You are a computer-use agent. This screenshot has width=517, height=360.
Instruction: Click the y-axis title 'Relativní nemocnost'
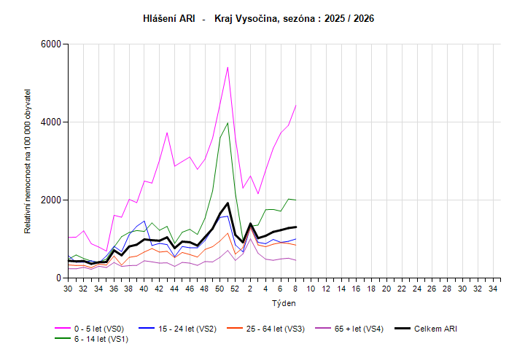[x=28, y=161]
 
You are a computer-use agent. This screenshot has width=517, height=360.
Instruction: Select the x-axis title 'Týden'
[x=284, y=302]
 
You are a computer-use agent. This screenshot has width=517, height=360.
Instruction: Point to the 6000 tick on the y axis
[x=50, y=44]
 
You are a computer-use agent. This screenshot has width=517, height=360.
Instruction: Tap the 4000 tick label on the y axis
[x=50, y=122]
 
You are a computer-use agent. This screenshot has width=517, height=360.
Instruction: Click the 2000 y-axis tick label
[x=50, y=200]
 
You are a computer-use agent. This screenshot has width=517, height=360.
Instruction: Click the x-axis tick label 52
[x=235, y=289]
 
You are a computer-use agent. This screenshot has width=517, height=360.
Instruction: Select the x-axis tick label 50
[x=219, y=289]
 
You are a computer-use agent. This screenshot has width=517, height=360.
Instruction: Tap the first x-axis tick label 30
[x=68, y=289]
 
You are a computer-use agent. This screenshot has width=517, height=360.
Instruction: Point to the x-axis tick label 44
[x=174, y=289]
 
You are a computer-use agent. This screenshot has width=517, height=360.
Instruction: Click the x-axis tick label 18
[x=372, y=289]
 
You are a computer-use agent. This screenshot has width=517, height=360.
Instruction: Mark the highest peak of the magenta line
[x=228, y=67]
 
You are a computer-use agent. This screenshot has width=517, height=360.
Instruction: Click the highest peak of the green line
[x=228, y=122]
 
